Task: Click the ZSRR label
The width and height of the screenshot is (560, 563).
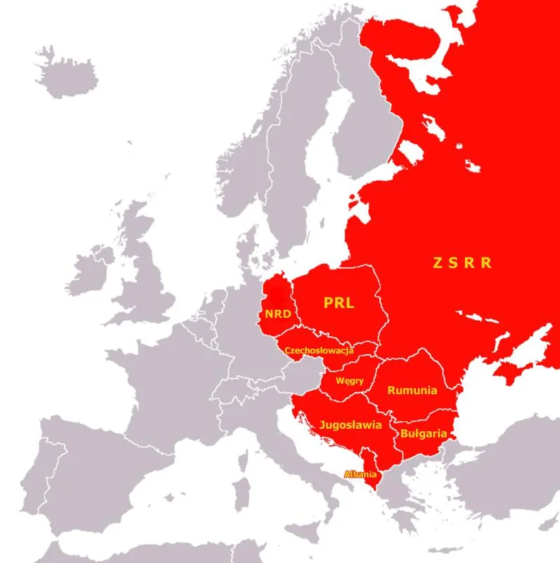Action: point(461,263)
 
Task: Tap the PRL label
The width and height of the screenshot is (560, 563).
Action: point(338,303)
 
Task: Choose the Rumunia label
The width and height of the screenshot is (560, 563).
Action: point(412,391)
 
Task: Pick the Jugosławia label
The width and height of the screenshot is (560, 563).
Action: point(349,424)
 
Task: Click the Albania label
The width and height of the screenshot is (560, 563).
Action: point(360,473)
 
